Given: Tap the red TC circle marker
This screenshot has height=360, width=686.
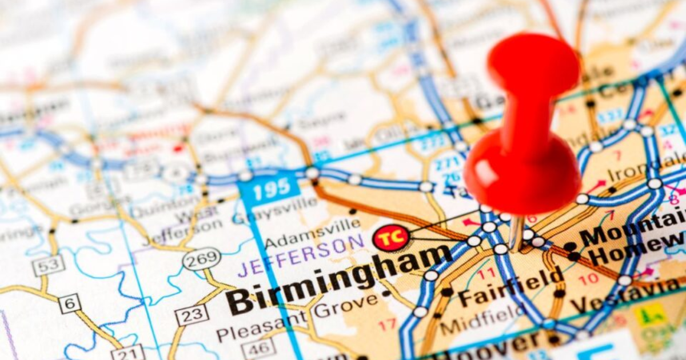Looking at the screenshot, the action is pyautogui.click(x=392, y=237).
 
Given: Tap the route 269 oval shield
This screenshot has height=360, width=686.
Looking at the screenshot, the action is pyautogui.click(x=202, y=259).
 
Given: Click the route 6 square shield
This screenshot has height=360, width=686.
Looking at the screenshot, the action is pyautogui.click(x=69, y=303).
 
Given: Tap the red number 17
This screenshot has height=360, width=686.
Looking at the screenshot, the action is pyautogui.click(x=387, y=324).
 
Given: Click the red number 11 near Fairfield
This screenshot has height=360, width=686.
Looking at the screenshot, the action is pyautogui.click(x=487, y=274).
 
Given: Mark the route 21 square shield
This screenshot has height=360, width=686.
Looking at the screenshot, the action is pyautogui.click(x=127, y=353).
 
